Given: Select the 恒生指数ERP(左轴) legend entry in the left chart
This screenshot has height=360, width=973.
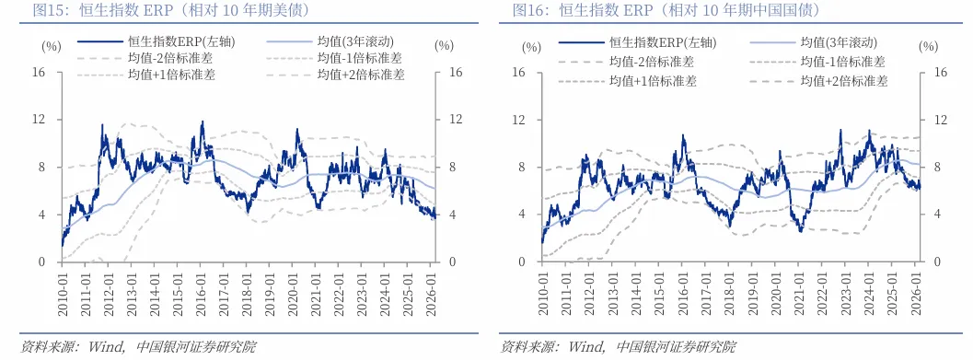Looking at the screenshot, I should pyautogui.click(x=165, y=42).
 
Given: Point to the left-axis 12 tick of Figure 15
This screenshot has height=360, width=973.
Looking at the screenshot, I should pyautogui.click(x=40, y=120).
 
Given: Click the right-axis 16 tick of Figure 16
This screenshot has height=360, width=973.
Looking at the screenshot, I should pyautogui.click(x=940, y=72).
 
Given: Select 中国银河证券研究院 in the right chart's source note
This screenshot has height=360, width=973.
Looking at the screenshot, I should pyautogui.click(x=677, y=347).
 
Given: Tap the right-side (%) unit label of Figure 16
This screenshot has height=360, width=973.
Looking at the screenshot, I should pyautogui.click(x=927, y=46).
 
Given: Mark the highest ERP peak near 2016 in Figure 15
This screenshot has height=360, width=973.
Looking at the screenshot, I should pyautogui.click(x=202, y=122).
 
